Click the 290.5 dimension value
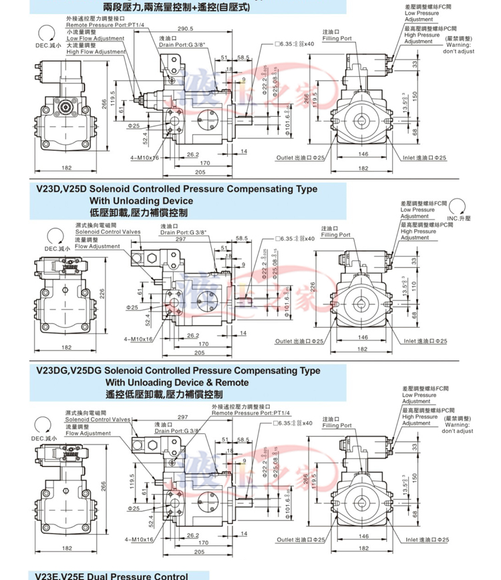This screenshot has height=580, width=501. pos(185,29)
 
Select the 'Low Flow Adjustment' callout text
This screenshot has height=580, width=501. pos(96,38)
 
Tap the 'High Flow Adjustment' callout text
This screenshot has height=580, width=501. pos(96,51)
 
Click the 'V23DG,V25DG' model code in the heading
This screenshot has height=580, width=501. pos(69,370)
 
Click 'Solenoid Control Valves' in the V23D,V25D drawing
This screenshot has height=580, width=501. pos(108,232)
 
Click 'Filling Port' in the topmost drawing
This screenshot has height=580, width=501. pos(336,39)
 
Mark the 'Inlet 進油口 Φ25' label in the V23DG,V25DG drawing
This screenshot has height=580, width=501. pos(425,539)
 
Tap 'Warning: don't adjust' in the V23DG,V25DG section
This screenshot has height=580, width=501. pos(457,428)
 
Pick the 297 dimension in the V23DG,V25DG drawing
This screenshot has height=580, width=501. pos(182,416)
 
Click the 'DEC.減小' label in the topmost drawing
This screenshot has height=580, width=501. pos(47,45)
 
